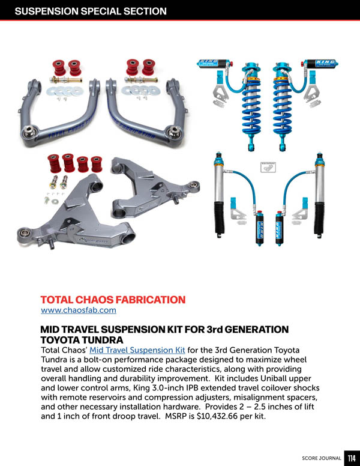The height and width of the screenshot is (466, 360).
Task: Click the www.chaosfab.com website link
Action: click(x=79, y=310)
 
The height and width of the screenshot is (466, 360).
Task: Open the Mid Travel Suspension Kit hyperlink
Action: click(x=137, y=350)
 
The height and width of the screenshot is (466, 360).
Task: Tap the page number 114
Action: click(x=352, y=458)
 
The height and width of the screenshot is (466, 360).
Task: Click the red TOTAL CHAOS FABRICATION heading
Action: click(x=113, y=300)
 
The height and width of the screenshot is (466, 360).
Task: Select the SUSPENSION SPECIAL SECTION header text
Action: click(x=91, y=11)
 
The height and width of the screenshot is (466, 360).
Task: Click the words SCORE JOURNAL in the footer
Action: click(x=322, y=458)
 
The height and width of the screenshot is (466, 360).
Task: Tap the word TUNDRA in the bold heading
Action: click(x=103, y=340)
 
